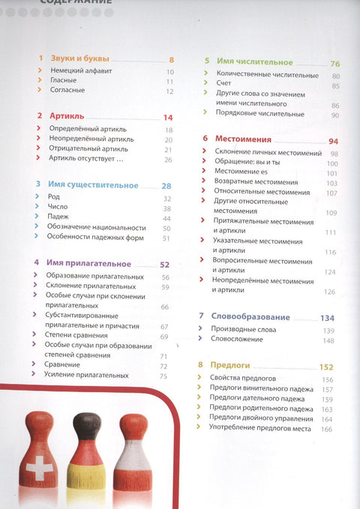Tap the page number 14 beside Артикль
[x=167, y=118]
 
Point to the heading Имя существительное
[x=94, y=185]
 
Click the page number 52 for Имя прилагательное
[x=165, y=265]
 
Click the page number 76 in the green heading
[x=335, y=64]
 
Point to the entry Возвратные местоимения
[x=245, y=182]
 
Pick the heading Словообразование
[x=250, y=316]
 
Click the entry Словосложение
[x=238, y=340]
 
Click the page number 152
[x=325, y=367]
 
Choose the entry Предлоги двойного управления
[x=259, y=418]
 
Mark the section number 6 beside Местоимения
[x=205, y=139]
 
